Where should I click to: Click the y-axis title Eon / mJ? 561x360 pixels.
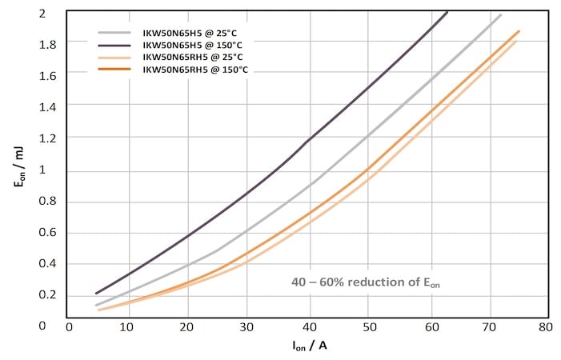tap(18, 170)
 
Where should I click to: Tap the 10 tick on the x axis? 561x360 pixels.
tap(128, 327)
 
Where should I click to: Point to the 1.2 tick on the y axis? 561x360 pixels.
tap(50, 138)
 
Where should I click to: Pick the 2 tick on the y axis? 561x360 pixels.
tap(53, 14)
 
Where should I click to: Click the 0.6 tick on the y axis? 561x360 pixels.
tap(50, 233)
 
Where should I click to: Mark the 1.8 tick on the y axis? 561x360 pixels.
tap(50, 45)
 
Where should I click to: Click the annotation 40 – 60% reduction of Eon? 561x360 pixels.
tap(367, 282)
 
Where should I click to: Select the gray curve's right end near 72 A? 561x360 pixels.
tap(501, 14)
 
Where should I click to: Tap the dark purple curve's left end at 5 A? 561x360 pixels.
tap(96, 293)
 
